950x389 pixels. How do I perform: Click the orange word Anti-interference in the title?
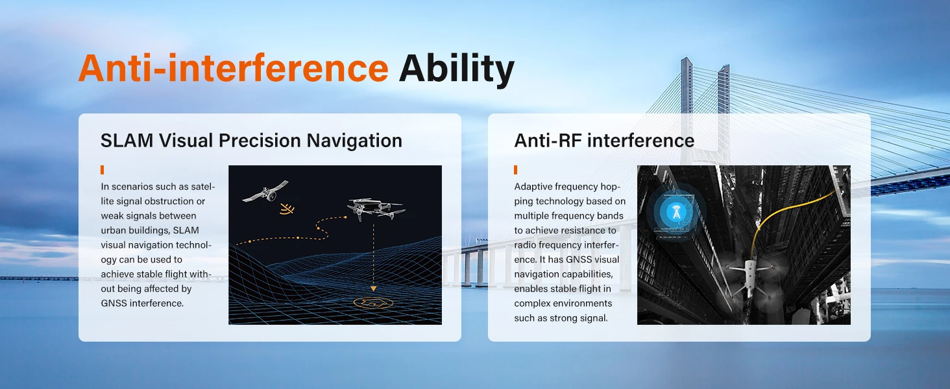tap(233, 68)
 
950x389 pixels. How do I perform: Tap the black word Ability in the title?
tap(456, 70)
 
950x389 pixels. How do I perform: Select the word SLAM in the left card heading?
tap(127, 141)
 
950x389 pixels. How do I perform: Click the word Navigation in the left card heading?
tap(354, 141)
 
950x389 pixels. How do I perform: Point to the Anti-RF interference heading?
tap(604, 141)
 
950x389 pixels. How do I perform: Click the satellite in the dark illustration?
tap(265, 193)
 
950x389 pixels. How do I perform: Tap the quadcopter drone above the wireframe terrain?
tap(375, 209)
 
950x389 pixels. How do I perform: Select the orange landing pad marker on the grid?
tap(373, 303)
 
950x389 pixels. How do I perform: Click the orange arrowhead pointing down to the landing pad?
tap(373, 289)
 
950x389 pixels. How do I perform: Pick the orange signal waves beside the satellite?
tap(287, 209)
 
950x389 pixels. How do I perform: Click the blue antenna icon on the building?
tap(676, 211)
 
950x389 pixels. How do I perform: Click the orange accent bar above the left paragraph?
tap(103, 169)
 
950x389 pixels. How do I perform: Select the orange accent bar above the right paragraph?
tap(516, 169)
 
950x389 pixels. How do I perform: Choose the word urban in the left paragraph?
tap(114, 231)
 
